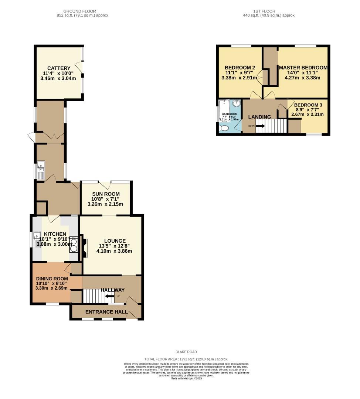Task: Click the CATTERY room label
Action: (59, 68)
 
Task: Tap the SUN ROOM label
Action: (106, 194)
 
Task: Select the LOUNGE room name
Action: (115, 241)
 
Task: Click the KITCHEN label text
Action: (55, 234)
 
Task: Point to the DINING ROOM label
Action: (52, 279)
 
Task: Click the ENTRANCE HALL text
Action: (104, 312)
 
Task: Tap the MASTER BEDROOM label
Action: (303, 68)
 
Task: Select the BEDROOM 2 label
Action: (240, 68)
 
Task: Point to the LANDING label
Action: (259, 117)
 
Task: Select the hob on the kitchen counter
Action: (73, 244)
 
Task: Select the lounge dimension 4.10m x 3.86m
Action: (115, 251)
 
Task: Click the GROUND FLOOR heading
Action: (83, 11)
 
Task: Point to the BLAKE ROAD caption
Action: (186, 352)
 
